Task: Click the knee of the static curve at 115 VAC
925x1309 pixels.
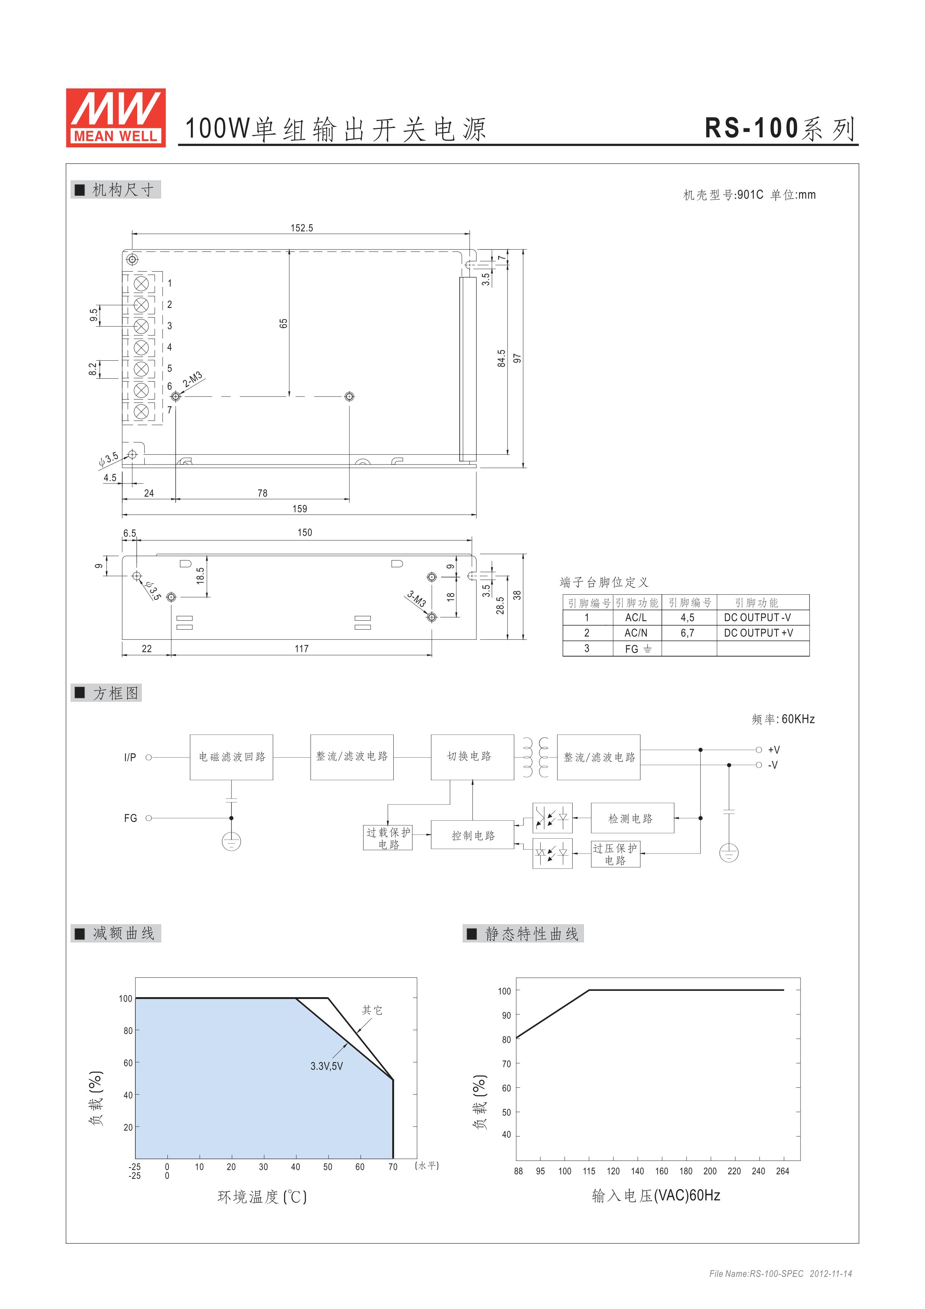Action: pyautogui.click(x=589, y=990)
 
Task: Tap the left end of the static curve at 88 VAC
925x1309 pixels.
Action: pyautogui.click(x=516, y=1038)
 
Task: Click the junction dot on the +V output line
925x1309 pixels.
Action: pyautogui.click(x=701, y=750)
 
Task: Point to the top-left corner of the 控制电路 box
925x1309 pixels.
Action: pyautogui.click(x=431, y=821)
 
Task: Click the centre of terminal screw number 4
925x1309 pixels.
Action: pyautogui.click(x=141, y=347)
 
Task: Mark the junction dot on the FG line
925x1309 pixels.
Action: pyautogui.click(x=232, y=818)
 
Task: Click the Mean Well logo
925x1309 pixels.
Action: pyautogui.click(x=116, y=118)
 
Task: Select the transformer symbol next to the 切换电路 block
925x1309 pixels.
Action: pyautogui.click(x=536, y=757)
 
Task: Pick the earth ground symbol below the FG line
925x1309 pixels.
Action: pyautogui.click(x=232, y=841)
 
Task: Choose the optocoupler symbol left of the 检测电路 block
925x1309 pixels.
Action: pyautogui.click(x=552, y=818)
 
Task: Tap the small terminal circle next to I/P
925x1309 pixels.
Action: pyautogui.click(x=149, y=757)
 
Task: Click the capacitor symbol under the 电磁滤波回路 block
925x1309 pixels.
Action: pyautogui.click(x=232, y=800)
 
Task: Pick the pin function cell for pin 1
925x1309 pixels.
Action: pyautogui.click(x=637, y=617)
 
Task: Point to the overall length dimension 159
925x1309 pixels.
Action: pyautogui.click(x=300, y=508)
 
